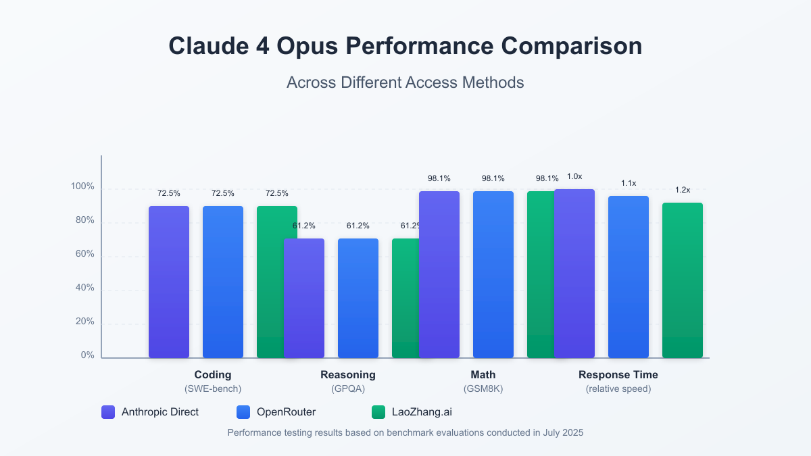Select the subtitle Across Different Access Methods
[x=405, y=82]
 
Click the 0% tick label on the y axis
[x=88, y=355]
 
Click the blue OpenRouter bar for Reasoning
[x=358, y=298]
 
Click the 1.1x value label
[x=629, y=183]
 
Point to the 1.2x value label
[x=683, y=190]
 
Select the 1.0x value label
[x=574, y=176]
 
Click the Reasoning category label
[x=348, y=375]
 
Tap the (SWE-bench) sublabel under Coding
[x=213, y=389]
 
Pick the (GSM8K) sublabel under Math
[x=483, y=389]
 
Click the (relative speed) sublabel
[x=618, y=389]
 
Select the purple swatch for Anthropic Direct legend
[x=108, y=411]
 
